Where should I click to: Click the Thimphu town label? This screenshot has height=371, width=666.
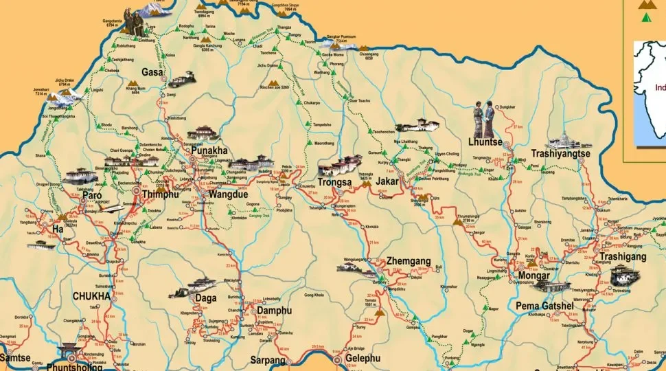coord(161,196)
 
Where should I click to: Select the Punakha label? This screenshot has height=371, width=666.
coord(209,151)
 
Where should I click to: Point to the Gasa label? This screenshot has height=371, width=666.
coord(152,72)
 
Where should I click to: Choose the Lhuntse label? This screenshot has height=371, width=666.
coord(485,142)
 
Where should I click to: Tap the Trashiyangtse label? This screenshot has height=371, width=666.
coord(560,155)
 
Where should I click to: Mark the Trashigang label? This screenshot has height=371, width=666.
coord(623,256)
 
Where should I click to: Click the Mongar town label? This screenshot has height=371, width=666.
coord(533,276)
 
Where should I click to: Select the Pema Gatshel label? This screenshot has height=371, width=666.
coord(542,305)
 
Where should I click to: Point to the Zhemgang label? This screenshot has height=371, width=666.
coord(409,261)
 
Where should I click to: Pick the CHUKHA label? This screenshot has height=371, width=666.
coord(91,296)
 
